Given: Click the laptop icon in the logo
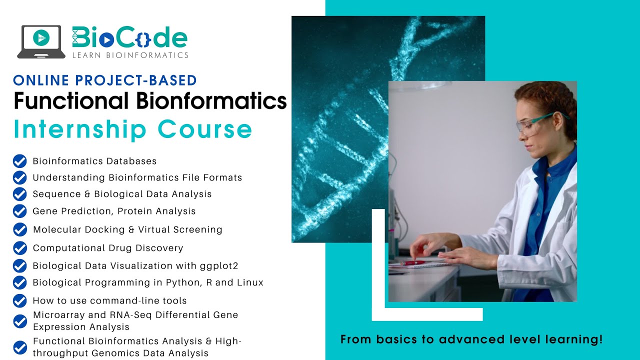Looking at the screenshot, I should tap(41, 41).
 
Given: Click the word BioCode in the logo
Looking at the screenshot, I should tap(129, 38).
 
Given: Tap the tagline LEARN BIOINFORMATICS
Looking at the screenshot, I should tap(130, 55).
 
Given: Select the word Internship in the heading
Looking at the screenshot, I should tap(80, 128).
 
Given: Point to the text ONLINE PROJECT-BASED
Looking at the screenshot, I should tap(105, 80).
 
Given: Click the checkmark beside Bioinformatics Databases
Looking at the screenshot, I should tap(19, 161).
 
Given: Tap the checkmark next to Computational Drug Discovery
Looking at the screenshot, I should tap(19, 248).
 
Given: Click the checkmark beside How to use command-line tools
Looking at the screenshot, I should tap(19, 300).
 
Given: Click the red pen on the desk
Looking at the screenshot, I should tap(413, 262).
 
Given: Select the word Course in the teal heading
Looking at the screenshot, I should tap(205, 128).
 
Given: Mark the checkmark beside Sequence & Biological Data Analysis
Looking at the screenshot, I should tap(19, 194).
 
